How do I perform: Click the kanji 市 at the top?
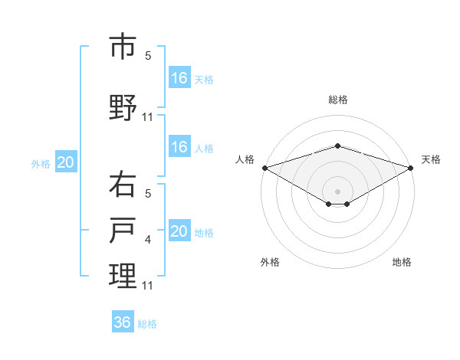click(123, 47)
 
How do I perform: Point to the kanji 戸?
click(123, 231)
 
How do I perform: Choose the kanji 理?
click(123, 275)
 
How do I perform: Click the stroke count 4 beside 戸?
click(149, 240)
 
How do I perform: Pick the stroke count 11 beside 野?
click(148, 116)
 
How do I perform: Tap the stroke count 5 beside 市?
click(149, 55)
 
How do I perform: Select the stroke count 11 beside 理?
click(148, 285)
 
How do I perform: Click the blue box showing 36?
click(123, 322)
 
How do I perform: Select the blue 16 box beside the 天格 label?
click(179, 78)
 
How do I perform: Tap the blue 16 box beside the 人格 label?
click(179, 147)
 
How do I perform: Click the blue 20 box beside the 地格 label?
click(179, 231)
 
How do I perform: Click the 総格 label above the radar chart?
click(338, 100)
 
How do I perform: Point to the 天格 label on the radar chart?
click(432, 159)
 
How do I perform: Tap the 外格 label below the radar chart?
click(270, 262)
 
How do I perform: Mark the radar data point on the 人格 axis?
click(264, 168)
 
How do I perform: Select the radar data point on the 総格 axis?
click(337, 146)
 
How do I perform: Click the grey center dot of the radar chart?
click(337, 190)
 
